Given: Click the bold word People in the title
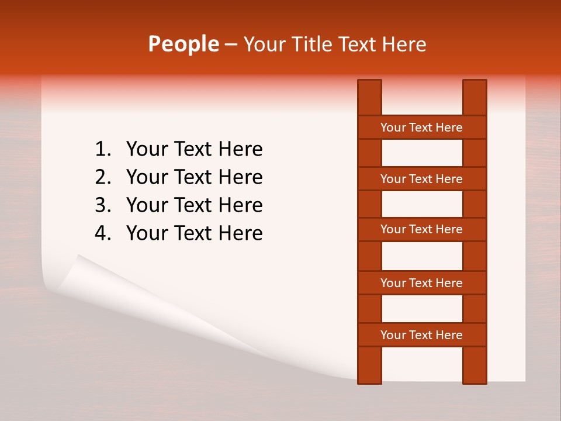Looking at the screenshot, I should [x=183, y=44].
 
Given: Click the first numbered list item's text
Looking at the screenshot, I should [x=194, y=150].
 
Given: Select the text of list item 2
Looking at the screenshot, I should [x=194, y=177].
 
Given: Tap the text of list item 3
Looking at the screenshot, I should [x=194, y=205].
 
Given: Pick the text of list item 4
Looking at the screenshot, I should [x=194, y=233].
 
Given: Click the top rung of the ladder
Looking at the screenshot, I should [x=421, y=127].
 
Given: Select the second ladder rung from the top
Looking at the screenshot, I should [x=421, y=179].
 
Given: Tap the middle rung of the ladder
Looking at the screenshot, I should [x=421, y=230].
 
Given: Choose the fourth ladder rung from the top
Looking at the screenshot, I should [x=421, y=283].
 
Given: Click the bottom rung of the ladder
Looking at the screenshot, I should [x=421, y=335].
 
